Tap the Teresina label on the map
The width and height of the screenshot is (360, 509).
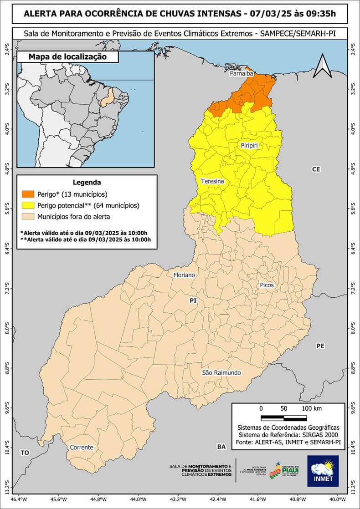(x=212, y=181)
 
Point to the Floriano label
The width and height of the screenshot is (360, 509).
(x=184, y=275)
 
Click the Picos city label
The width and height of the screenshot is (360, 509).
(x=267, y=285)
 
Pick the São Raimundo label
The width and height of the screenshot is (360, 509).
(x=221, y=373)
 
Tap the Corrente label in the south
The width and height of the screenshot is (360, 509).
(x=82, y=448)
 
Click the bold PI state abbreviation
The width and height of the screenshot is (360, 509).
(x=193, y=301)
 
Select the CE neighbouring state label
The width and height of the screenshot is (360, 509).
(x=316, y=169)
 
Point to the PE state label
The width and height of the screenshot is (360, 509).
(x=320, y=346)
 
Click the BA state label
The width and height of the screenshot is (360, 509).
(x=221, y=447)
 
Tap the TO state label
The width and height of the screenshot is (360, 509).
(x=25, y=453)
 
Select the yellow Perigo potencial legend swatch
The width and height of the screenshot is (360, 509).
(x=27, y=206)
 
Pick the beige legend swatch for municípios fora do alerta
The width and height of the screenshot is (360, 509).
(x=27, y=217)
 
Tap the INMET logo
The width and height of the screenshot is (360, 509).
(x=323, y=471)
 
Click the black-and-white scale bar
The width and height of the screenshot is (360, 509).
(x=283, y=418)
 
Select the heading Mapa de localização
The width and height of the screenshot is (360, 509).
(x=67, y=57)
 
